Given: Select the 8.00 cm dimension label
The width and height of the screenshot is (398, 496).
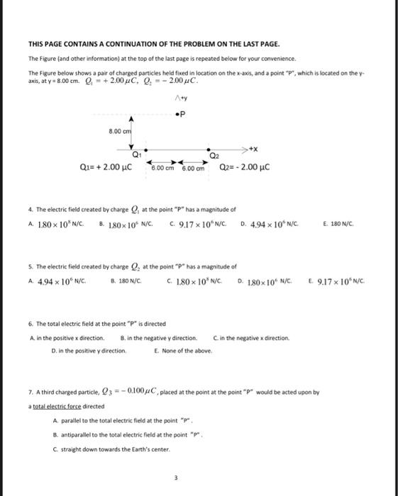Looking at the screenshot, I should (x=119, y=133).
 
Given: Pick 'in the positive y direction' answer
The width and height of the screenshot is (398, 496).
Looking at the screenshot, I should (x=89, y=350).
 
